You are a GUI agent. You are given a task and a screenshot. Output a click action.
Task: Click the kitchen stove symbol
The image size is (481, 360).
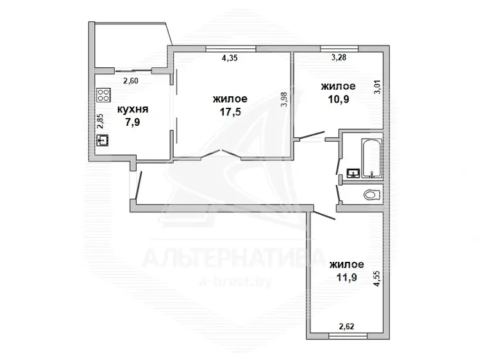[103, 95]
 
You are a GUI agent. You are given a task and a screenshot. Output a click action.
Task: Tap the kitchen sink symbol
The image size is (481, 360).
[103, 141]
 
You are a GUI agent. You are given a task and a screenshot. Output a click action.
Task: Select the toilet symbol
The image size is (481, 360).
[372, 195]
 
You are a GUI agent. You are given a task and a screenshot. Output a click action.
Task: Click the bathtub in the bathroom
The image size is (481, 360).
[372, 159]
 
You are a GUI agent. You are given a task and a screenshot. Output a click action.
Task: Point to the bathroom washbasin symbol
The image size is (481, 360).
[353, 173]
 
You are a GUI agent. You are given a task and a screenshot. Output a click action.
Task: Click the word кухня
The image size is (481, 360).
[133, 109]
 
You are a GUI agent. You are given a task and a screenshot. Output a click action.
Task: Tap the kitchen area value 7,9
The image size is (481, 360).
[133, 123]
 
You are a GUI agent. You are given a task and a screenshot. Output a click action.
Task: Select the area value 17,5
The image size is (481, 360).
[230, 112]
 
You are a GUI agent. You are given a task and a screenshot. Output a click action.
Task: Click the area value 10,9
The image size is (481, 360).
[339, 99]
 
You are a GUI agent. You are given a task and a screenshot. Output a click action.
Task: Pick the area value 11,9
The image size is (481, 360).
[347, 277]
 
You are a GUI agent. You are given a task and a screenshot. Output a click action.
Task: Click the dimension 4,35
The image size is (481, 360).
[230, 58]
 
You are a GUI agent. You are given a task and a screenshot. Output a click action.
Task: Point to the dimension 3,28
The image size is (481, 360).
[339, 57]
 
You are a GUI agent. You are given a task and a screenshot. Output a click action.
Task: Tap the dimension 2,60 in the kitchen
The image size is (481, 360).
[131, 81]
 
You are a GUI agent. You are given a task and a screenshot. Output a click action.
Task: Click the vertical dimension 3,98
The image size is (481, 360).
[284, 99]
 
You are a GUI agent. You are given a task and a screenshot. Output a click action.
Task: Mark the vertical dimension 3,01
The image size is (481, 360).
[378, 87]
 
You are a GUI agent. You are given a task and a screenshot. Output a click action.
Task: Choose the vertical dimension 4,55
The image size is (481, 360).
[376, 279]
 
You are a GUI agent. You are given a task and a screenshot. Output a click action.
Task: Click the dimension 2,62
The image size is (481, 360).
[346, 326]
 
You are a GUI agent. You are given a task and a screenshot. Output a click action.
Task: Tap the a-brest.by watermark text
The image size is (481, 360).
[235, 281]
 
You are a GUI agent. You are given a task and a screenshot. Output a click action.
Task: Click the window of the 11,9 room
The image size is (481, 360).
[348, 336]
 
